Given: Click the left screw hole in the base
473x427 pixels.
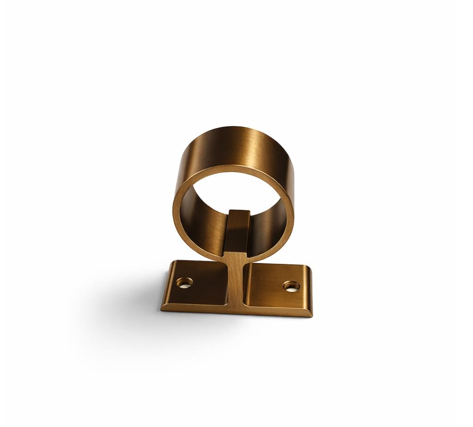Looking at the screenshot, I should (x=184, y=282).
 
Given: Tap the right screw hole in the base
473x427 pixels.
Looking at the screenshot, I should (x=291, y=286).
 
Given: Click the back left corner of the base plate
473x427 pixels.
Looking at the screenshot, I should (x=173, y=262).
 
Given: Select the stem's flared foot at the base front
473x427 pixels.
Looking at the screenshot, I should (x=236, y=305).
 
